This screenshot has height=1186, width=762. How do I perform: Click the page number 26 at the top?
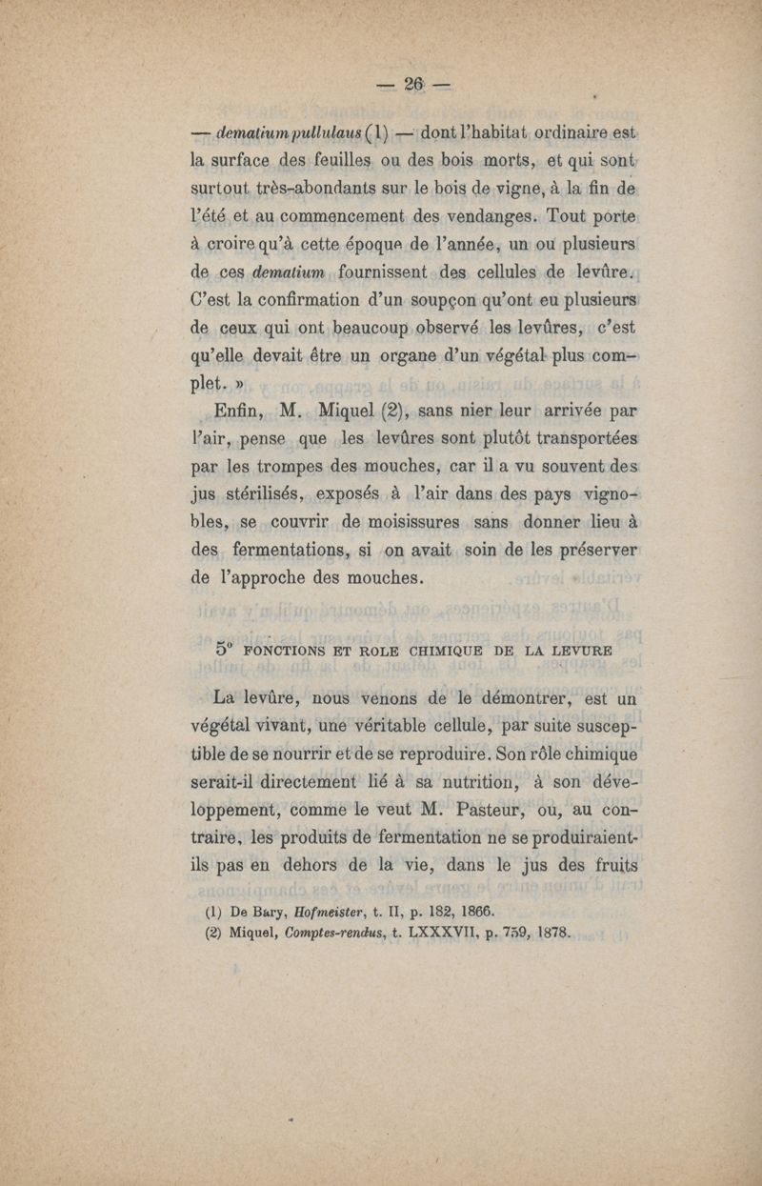point(414,84)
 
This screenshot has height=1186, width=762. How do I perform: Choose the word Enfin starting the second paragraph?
point(243,412)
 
